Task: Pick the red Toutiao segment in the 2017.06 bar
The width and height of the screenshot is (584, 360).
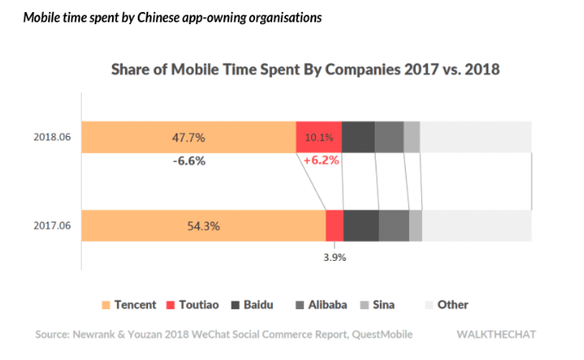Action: pos(334,226)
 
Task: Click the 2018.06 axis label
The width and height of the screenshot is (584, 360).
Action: pos(53,137)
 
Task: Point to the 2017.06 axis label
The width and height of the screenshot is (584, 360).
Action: pos(53,227)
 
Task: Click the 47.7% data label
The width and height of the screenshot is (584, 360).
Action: pos(189,137)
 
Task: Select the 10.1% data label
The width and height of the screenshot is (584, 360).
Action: pos(319,138)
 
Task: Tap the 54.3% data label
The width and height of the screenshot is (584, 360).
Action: pos(203,227)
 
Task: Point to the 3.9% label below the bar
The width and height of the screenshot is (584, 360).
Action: pos(334,256)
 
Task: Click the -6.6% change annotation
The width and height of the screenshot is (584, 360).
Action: pos(189,160)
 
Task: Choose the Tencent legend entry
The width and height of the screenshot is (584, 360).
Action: pos(128,304)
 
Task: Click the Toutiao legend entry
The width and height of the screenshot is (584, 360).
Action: pos(196,304)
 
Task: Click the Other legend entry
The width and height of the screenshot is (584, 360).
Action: pos(446,304)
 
